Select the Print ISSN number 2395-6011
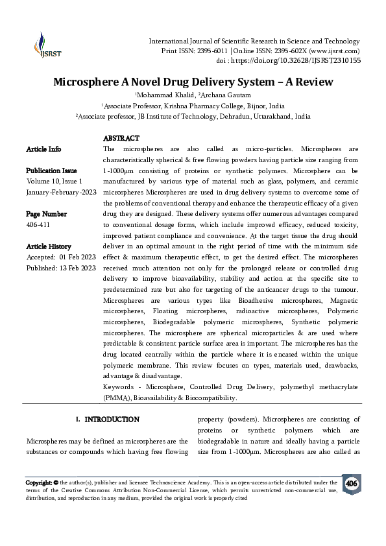coord(210,51)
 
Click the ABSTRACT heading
coord(121,139)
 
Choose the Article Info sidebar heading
coord(44,149)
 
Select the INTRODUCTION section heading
coord(112,420)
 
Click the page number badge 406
coord(352,484)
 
